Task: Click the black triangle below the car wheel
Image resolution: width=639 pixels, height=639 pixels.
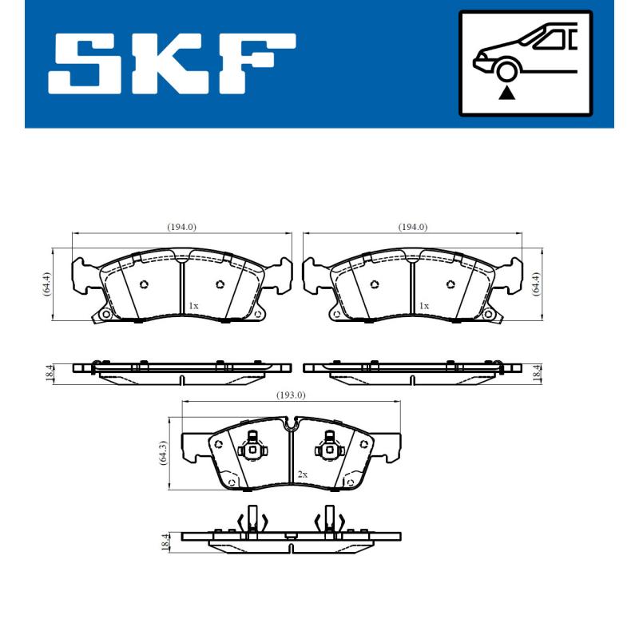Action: coord(506,93)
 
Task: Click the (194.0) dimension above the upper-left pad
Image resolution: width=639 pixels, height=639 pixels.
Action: coord(181,227)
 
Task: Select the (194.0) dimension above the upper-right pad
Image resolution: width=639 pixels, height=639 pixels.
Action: coord(413,227)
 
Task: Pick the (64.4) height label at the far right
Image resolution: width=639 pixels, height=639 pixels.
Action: coord(536,284)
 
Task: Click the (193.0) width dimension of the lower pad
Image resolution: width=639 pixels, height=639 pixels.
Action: coord(292,395)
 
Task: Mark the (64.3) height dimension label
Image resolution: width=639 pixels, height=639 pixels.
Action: coord(163,453)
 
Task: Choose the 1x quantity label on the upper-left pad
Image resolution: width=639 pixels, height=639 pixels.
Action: coord(193,306)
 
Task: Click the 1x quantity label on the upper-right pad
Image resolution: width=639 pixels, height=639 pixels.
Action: coord(424,306)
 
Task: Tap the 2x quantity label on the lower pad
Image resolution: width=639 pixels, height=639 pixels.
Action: coord(303,474)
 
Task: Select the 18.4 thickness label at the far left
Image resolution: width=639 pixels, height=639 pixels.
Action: coord(50,371)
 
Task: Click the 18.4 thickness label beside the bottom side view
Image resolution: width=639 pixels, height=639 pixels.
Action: coord(165,541)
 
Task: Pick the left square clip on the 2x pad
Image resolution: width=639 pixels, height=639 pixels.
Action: coord(253,449)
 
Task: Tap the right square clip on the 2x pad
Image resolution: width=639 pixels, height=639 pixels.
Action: coord(328,449)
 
